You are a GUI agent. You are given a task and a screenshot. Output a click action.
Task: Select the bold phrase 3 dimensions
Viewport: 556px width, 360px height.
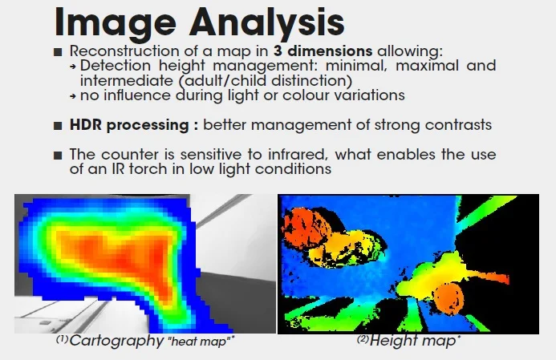pyautogui.click(x=323, y=51)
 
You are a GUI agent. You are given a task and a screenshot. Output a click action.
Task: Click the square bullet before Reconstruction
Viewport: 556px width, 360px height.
pyautogui.click(x=58, y=52)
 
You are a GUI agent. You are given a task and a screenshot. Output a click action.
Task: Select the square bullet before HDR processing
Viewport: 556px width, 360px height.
pyautogui.click(x=58, y=126)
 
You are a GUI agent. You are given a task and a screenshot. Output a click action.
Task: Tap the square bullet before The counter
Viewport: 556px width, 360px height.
pyautogui.click(x=58, y=156)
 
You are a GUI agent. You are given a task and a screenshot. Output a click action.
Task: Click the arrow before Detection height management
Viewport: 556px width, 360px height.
pyautogui.click(x=73, y=67)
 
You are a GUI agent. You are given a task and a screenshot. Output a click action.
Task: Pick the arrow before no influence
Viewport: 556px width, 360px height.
pyautogui.click(x=73, y=95)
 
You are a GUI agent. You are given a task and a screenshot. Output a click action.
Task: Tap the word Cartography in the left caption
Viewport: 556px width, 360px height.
pyautogui.click(x=116, y=341)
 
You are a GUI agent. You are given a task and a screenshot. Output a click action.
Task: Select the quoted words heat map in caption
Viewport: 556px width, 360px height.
pyautogui.click(x=200, y=342)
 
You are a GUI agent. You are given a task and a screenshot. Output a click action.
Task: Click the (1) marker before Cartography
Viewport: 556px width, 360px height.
pyautogui.click(x=62, y=339)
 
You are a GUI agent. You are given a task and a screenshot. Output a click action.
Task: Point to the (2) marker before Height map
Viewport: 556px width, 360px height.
pyautogui.click(x=363, y=339)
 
